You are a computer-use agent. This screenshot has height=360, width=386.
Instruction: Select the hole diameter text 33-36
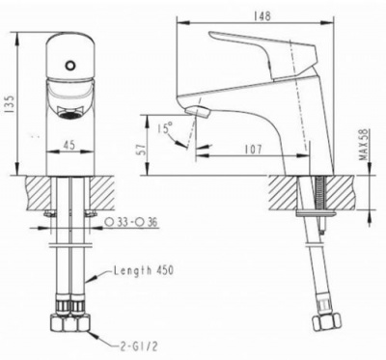click(132, 222)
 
